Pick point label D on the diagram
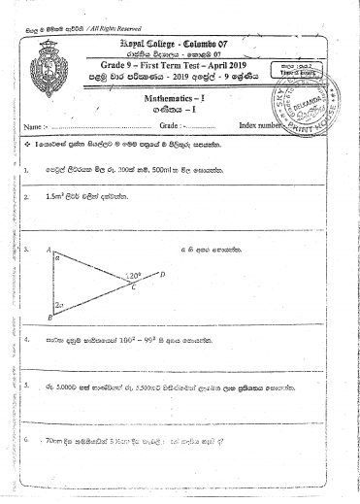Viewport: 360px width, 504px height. coord(162,275)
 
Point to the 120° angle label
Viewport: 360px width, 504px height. coord(135,276)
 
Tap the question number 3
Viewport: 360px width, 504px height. coord(23,251)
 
